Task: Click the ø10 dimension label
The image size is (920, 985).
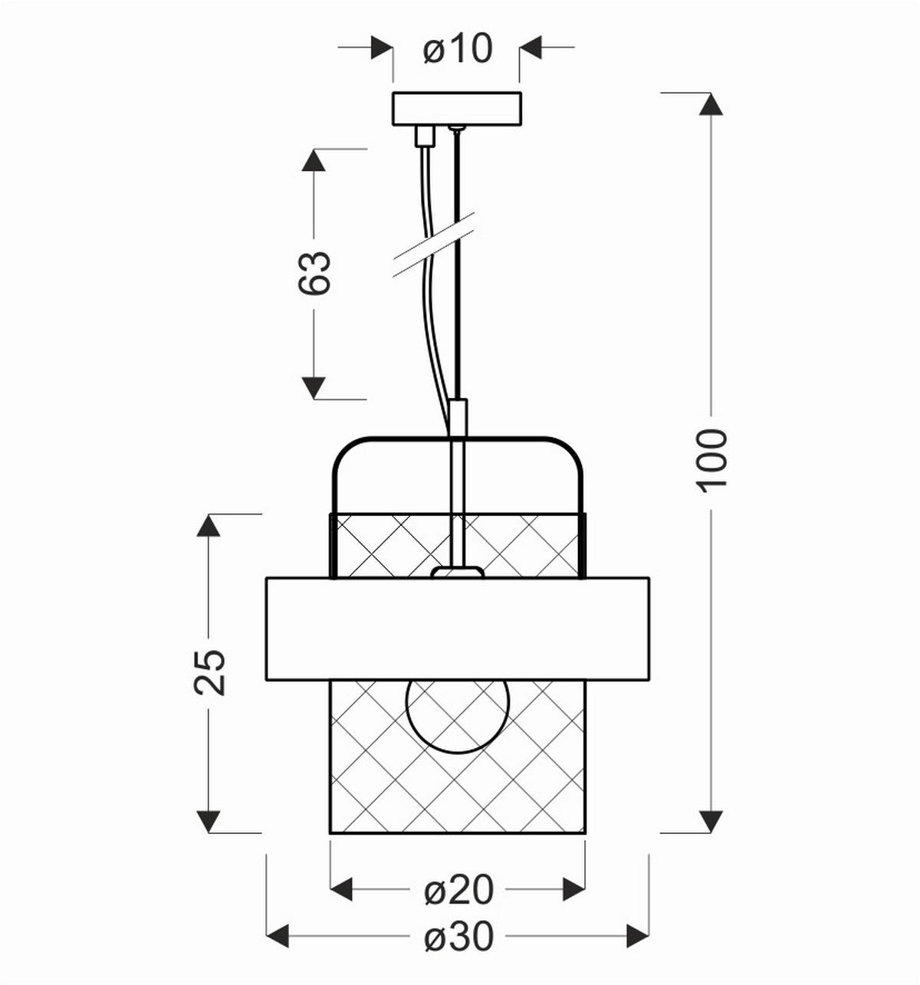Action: pyautogui.click(x=458, y=49)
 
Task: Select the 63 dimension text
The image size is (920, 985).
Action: pyautogui.click(x=314, y=273)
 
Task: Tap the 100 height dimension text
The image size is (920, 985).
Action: pyautogui.click(x=712, y=460)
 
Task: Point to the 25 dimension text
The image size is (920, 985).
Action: pyautogui.click(x=209, y=672)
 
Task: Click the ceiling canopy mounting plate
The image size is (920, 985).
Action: pyautogui.click(x=457, y=109)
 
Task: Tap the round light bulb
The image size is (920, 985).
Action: pyautogui.click(x=458, y=714)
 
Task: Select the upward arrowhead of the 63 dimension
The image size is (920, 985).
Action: pyautogui.click(x=314, y=161)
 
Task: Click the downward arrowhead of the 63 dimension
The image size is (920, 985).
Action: pyautogui.click(x=314, y=388)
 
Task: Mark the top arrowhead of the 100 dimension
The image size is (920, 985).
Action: pyautogui.click(x=712, y=103)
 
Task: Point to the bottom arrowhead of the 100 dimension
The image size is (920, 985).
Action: pyautogui.click(x=712, y=821)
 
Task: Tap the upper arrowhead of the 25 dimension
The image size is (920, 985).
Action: pyautogui.click(x=209, y=526)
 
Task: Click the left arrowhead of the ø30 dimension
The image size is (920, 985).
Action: pyautogui.click(x=278, y=936)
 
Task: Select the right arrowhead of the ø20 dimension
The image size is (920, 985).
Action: pyautogui.click(x=573, y=890)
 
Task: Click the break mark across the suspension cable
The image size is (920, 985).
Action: pyautogui.click(x=434, y=245)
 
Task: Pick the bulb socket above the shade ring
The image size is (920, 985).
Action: pyautogui.click(x=457, y=572)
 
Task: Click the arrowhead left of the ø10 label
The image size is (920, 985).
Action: pyautogui.click(x=381, y=48)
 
